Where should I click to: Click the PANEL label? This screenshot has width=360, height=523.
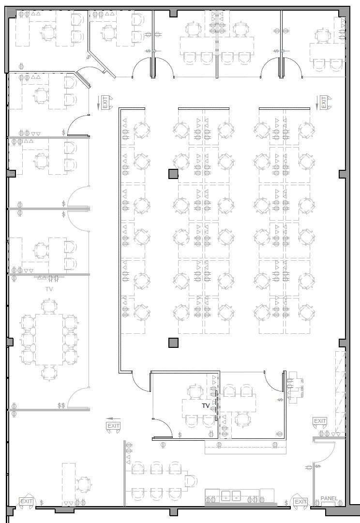tap(329, 498)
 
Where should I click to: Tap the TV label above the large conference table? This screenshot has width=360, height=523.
tap(49, 289)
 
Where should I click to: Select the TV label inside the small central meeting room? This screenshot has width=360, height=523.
tap(206, 405)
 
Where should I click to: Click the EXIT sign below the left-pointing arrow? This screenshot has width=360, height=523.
tap(113, 426)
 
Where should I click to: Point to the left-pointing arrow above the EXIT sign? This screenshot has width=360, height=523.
tap(113, 418)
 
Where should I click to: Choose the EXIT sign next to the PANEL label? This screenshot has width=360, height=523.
tap(300, 502)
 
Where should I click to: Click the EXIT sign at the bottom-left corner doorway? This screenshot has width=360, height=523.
tap(26, 501)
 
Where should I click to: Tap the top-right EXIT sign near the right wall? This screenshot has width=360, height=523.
tap(324, 102)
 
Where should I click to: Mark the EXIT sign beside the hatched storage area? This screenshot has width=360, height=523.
tap(320, 421)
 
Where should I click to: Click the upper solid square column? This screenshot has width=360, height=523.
tap(173, 174)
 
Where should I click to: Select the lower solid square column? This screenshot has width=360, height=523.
tap(173, 343)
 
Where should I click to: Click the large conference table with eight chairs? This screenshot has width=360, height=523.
tap(49, 339)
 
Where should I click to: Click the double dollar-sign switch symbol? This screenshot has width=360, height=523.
tap(61, 405)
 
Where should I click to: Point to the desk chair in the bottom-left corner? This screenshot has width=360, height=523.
tap(83, 483)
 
